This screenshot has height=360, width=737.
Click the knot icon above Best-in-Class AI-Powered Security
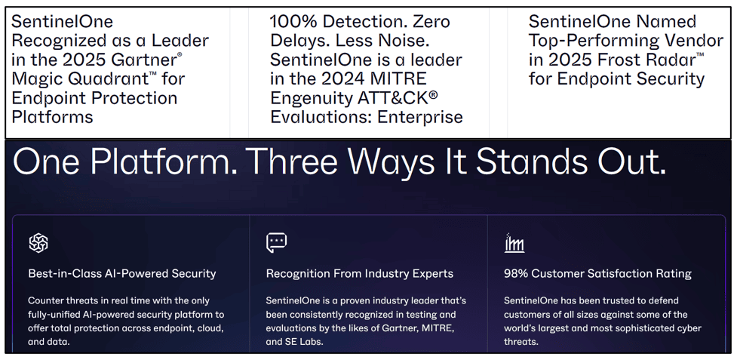click(38, 243)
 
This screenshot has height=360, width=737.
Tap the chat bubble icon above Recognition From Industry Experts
click(276, 242)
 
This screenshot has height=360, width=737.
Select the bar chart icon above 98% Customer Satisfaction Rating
click(514, 243)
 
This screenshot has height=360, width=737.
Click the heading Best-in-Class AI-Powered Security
click(122, 273)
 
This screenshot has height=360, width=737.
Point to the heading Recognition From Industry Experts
click(360, 273)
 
